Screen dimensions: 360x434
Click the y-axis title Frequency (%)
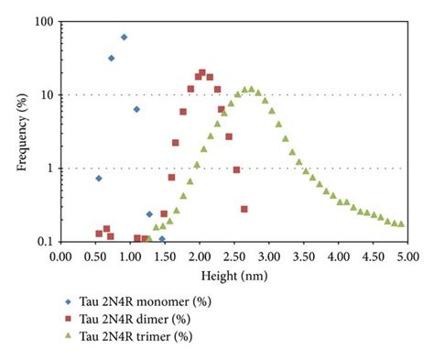[x=22, y=129]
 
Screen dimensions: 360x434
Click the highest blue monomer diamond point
[x=124, y=38]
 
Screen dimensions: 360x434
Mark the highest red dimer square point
[x=201, y=72]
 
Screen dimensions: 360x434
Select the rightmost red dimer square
[x=244, y=209]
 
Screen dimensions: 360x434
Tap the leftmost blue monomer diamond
[x=99, y=178]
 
